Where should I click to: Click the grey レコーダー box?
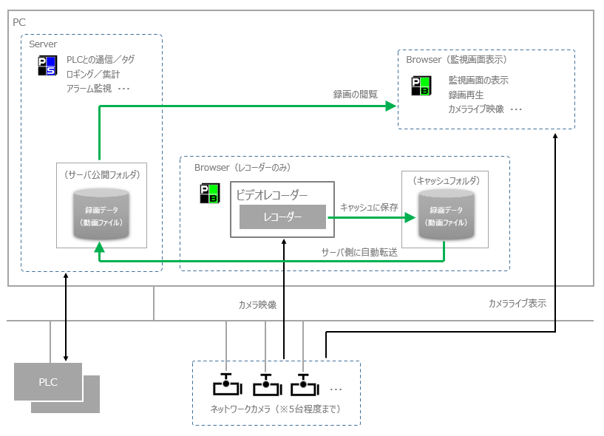click(x=282, y=217)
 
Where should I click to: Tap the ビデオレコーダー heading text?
click(x=271, y=195)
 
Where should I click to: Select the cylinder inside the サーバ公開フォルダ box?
click(x=101, y=215)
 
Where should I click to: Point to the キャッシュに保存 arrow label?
click(x=369, y=208)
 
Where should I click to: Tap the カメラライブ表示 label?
click(x=517, y=304)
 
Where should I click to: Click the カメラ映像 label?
click(x=257, y=304)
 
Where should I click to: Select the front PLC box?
click(x=48, y=382)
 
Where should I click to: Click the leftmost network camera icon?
click(x=227, y=385)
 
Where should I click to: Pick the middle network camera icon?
click(x=266, y=385)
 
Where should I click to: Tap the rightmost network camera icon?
click(x=304, y=385)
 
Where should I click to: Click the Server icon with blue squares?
click(x=46, y=65)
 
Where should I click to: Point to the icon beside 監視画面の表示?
click(x=420, y=86)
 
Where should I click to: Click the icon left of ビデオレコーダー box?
click(x=209, y=194)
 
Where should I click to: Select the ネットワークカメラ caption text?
click(x=276, y=409)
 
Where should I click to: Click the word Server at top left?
click(x=43, y=44)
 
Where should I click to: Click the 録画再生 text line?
click(x=466, y=95)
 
